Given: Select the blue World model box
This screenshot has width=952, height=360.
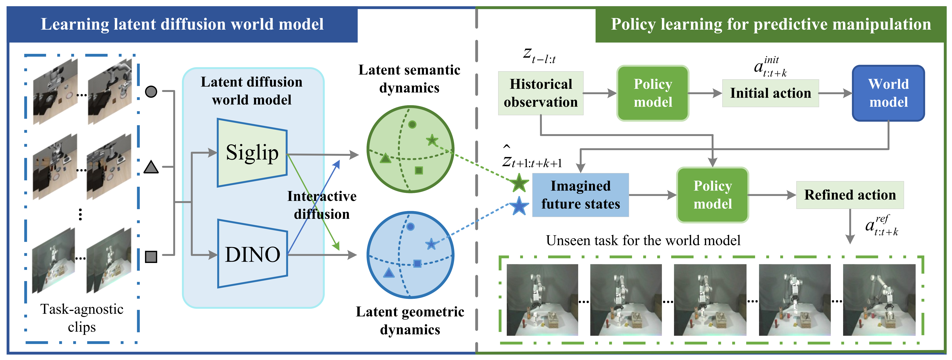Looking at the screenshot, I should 888,93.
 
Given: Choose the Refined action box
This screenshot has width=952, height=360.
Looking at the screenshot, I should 850,195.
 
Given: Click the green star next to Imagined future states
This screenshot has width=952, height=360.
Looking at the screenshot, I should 519,183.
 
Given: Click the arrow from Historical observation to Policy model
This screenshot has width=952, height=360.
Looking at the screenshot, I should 599,93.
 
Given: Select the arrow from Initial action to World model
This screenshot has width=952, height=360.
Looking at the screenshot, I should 835,93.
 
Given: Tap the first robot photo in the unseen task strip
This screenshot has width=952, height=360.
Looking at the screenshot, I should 542,300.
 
